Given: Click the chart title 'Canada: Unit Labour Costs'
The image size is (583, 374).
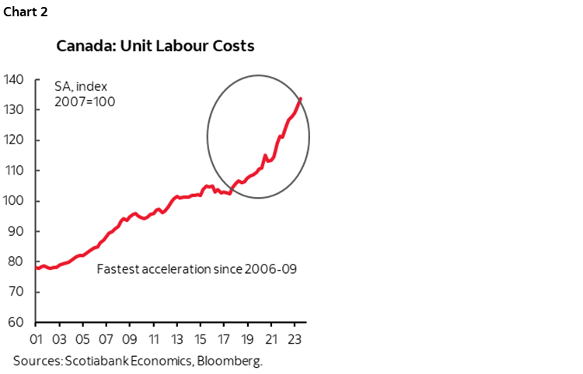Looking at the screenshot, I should coord(155,46).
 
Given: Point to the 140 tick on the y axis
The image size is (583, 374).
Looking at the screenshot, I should coord(15,79).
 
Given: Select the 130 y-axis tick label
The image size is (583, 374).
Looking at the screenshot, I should coord(15,109).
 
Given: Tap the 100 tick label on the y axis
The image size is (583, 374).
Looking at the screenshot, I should coord(15,201).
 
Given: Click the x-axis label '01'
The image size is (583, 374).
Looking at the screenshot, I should coord(36,339).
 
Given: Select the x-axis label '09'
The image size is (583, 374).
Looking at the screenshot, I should coord(130,339).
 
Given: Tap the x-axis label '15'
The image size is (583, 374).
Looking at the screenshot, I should coord(201,339).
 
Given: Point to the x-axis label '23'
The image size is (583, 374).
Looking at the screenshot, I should coord(296,339).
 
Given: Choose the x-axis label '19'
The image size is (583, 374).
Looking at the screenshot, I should coord(249,339).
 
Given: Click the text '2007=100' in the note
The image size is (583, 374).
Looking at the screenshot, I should coord(84,102).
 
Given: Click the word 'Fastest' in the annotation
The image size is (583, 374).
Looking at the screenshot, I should coord(117,270).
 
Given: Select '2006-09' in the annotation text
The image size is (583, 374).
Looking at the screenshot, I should coord(271,270).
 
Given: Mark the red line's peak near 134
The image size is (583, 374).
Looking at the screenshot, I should coord(301,98).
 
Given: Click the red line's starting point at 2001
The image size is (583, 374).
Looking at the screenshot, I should coord(36,267).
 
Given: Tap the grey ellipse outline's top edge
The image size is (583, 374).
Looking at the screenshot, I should coord(258,76).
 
